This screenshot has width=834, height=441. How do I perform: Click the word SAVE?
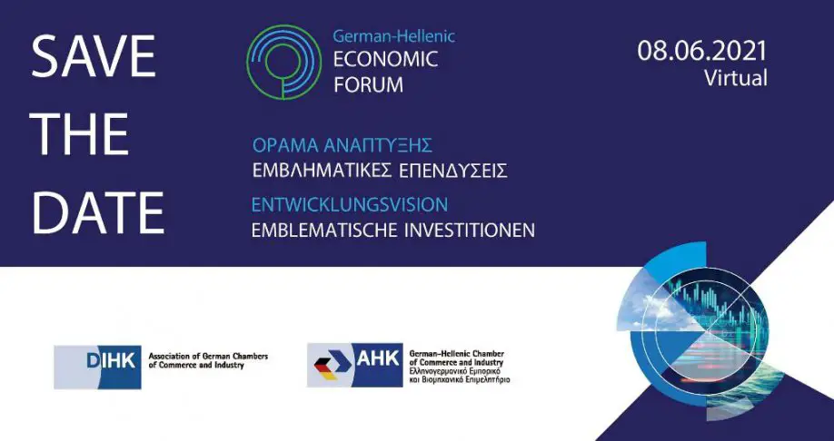93,55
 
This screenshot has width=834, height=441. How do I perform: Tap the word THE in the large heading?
79,134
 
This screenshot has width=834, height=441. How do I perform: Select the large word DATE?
98,212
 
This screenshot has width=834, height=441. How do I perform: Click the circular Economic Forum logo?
284,62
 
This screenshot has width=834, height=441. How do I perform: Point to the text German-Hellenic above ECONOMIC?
394,36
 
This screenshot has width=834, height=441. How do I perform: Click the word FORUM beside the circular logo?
368,84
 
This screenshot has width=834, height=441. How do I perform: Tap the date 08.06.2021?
702,51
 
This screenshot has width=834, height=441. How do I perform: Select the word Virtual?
736,77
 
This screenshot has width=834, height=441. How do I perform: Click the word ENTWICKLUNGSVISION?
350,204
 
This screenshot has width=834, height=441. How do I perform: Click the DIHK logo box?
98,367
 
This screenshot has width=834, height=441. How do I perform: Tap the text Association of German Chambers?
208,356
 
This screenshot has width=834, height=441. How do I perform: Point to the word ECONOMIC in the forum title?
385,59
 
